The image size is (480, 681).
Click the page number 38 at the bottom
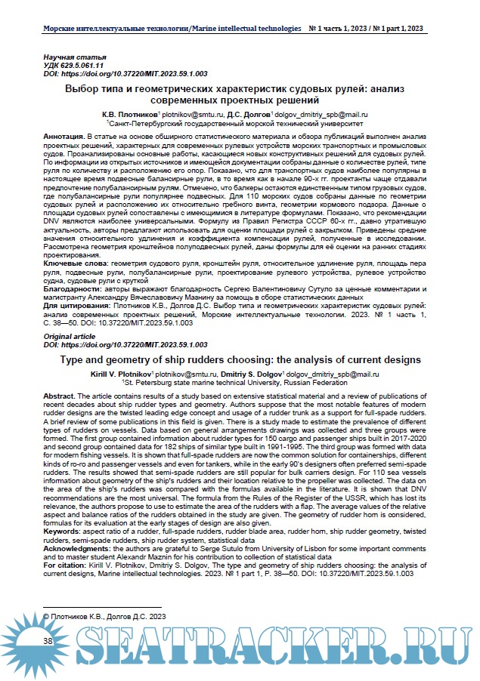point(48,640)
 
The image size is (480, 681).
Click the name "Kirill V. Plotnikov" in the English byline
point(118,374)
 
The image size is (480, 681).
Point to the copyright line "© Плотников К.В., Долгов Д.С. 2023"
point(104,617)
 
